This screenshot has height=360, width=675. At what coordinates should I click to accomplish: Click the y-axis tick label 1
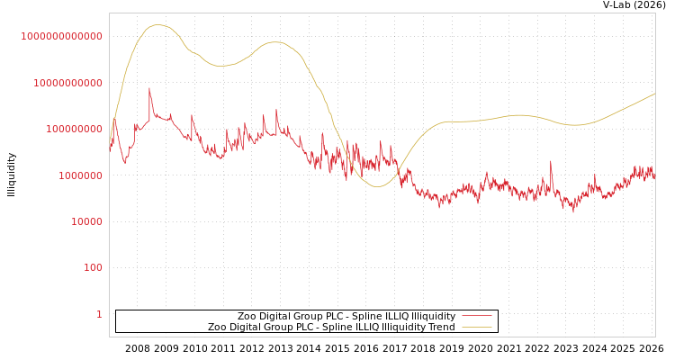(99, 314)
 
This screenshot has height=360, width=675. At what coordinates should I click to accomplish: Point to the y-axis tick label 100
(93, 268)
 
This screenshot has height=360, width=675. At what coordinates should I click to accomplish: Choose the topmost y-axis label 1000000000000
(61, 36)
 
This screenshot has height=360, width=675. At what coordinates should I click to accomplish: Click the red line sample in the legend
(476, 316)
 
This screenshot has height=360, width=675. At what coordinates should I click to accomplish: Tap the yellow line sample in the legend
(476, 327)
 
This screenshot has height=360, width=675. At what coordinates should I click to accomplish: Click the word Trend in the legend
(440, 327)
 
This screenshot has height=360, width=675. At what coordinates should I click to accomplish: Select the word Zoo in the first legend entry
(247, 316)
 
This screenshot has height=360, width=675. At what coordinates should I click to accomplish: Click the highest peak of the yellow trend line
(159, 25)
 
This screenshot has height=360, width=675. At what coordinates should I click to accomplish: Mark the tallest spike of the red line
(149, 88)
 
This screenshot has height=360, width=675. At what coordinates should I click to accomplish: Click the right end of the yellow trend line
(654, 94)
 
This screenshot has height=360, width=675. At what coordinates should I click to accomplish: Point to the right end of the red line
(654, 178)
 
